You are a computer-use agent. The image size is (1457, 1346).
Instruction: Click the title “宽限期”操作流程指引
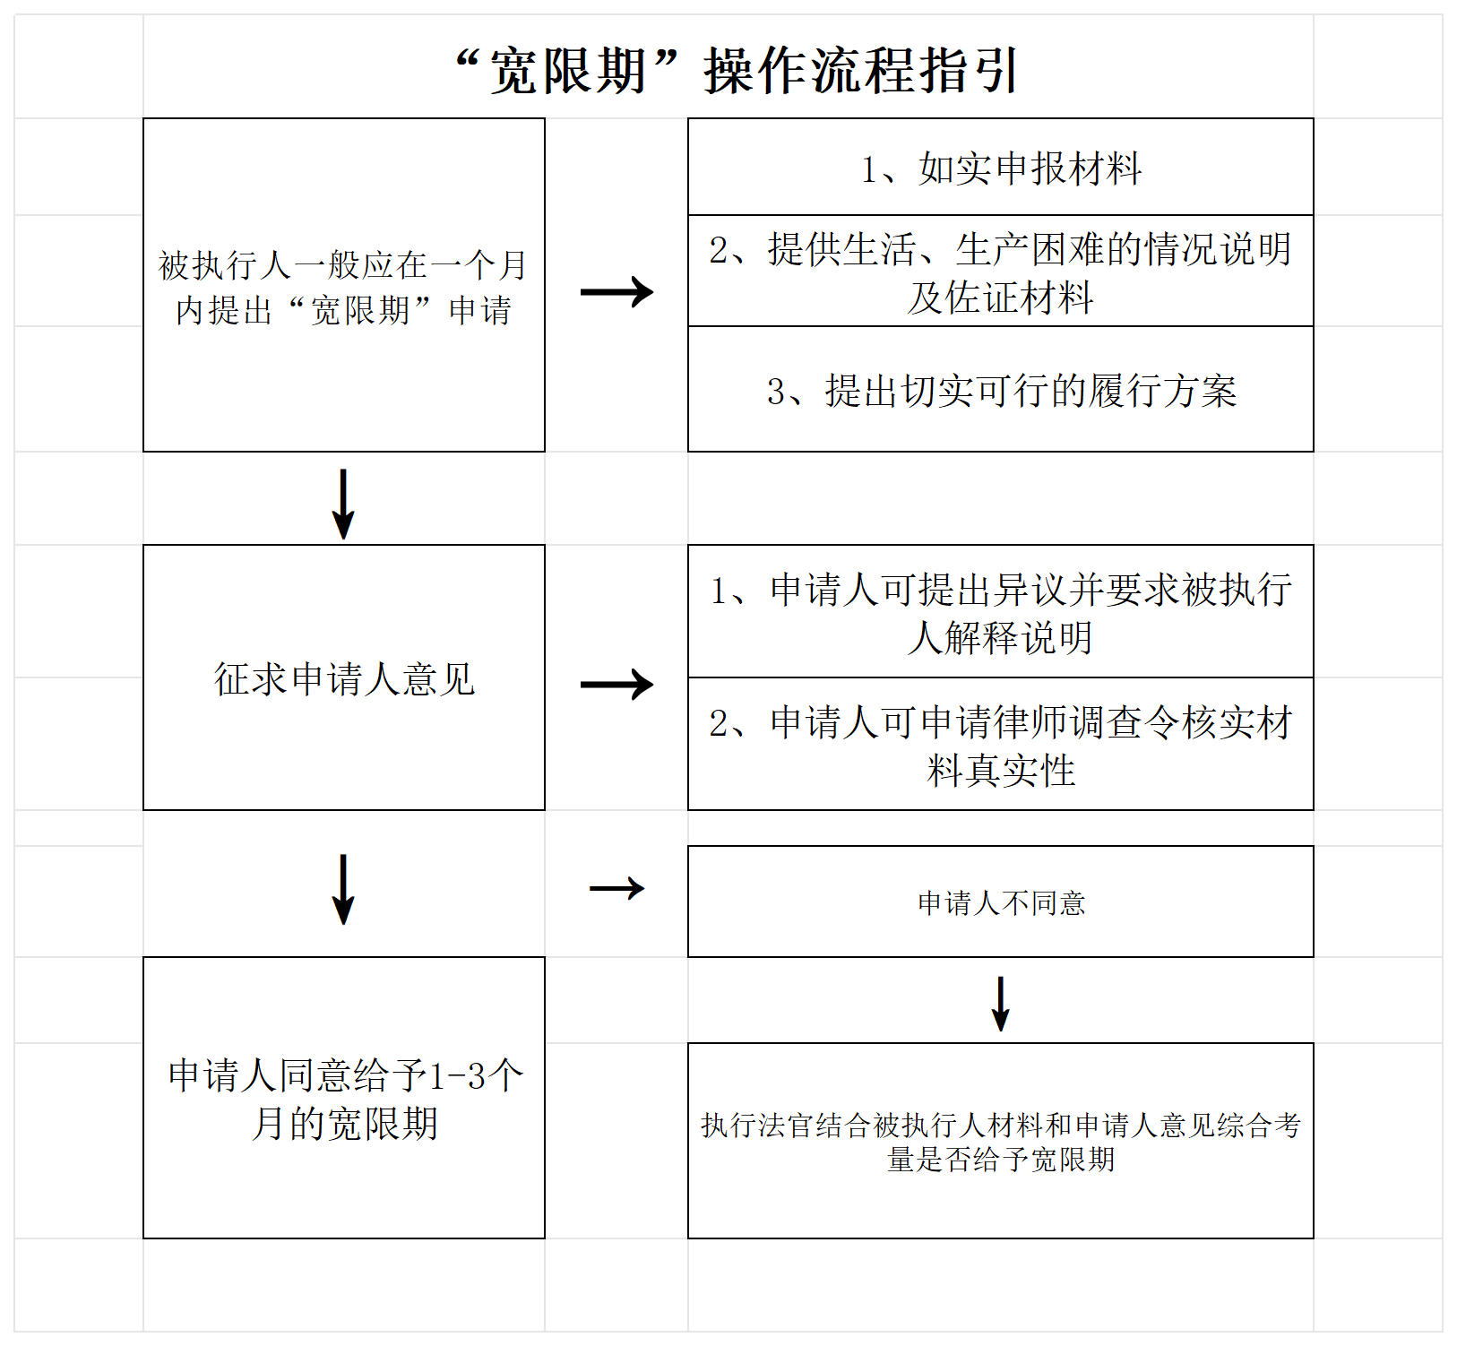pos(737,71)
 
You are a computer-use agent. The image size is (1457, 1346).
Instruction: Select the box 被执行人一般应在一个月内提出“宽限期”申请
pos(344,285)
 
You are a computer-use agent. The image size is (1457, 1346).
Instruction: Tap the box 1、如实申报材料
pos(1001,167)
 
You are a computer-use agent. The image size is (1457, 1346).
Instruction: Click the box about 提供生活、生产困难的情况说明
pos(1001,271)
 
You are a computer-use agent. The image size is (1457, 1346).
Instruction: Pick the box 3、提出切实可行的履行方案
pos(1001,389)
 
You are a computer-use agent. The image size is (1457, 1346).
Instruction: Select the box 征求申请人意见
pos(344,677)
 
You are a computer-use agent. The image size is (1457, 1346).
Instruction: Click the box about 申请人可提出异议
pos(1001,611)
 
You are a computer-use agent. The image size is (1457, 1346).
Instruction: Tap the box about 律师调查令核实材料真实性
pos(1001,744)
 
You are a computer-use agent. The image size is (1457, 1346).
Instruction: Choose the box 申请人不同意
pos(1001,902)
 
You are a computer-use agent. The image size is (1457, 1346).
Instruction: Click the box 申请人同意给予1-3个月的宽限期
pos(344,1098)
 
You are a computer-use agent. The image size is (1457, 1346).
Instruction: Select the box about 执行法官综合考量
pos(1001,1141)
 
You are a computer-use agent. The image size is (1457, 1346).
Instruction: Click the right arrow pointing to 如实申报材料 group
pos(616,291)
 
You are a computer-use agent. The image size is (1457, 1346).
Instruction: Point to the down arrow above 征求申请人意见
pos(343,504)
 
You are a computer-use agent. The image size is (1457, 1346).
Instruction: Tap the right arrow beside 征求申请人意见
pos(616,685)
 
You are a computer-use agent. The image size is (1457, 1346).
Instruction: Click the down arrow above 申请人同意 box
pos(343,889)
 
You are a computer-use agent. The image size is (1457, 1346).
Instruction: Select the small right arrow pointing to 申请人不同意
pos(616,888)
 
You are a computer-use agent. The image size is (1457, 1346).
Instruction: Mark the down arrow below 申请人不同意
pos(1001,1004)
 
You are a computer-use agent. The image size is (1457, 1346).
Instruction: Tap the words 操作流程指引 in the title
pos(862,71)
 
